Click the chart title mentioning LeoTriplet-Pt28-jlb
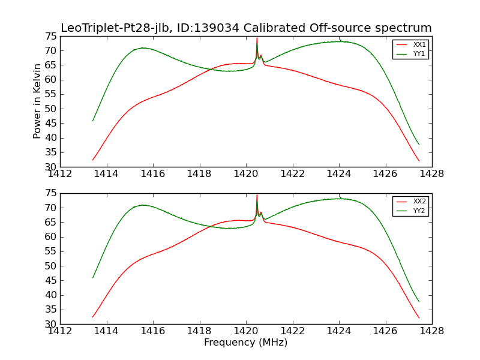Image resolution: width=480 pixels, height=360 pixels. (246, 28)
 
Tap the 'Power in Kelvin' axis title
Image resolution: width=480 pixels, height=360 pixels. (37, 101)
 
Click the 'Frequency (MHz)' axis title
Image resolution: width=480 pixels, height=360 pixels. (246, 343)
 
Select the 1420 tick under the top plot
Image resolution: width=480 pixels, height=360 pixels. (246, 174)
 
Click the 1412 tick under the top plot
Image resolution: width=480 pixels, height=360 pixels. (61, 174)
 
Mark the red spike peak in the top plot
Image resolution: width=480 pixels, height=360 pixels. (257, 38)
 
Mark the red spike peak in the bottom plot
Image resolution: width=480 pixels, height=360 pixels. (257, 195)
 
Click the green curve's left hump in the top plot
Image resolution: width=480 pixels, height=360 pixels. (143, 48)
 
